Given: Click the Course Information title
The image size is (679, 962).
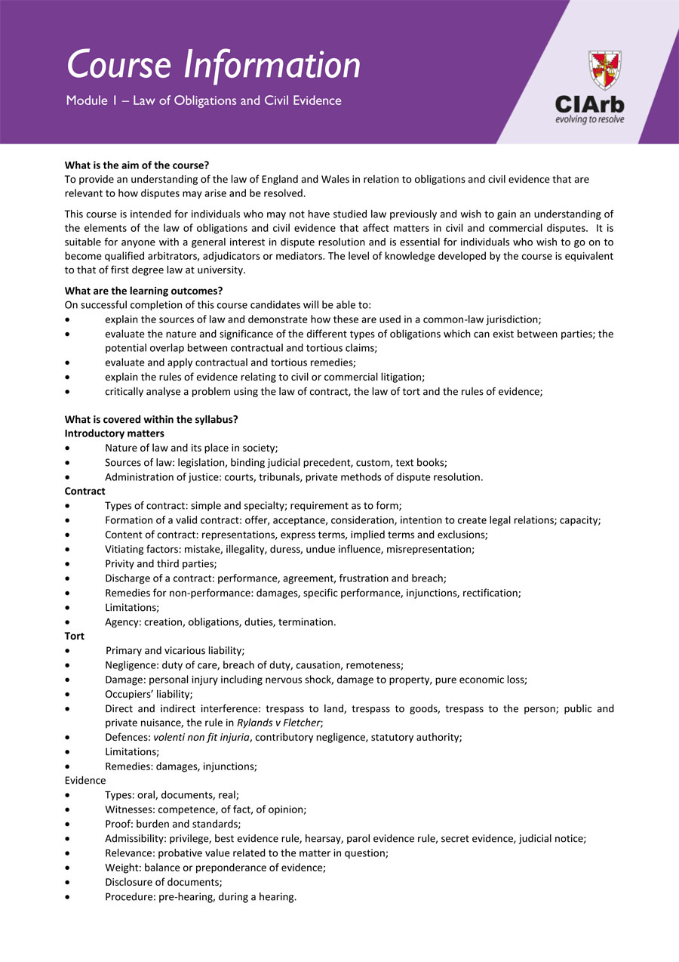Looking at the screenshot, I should click(x=214, y=65).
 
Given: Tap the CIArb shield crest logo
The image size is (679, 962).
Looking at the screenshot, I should click(x=604, y=69).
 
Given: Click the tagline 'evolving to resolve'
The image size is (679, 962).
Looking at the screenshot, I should click(x=589, y=119).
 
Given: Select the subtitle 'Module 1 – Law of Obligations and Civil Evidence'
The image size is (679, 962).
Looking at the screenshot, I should click(x=204, y=100).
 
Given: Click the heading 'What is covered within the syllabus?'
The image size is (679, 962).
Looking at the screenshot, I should click(x=152, y=419).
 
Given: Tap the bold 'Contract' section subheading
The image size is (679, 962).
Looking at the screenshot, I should click(x=85, y=492).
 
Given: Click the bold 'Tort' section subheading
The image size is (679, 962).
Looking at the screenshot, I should click(x=75, y=636).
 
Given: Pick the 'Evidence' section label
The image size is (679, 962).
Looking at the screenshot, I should click(x=85, y=780).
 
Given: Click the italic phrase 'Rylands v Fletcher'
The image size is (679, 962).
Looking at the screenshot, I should click(x=278, y=723).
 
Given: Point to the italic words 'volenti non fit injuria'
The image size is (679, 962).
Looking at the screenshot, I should click(x=201, y=737).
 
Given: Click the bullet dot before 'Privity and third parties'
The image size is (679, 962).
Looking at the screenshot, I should click(x=69, y=564).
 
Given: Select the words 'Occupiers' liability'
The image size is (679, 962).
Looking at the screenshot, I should click(x=148, y=694).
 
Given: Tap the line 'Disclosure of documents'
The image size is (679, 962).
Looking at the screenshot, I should click(x=163, y=882).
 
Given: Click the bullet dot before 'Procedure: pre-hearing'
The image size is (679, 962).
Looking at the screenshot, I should click(x=69, y=897).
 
